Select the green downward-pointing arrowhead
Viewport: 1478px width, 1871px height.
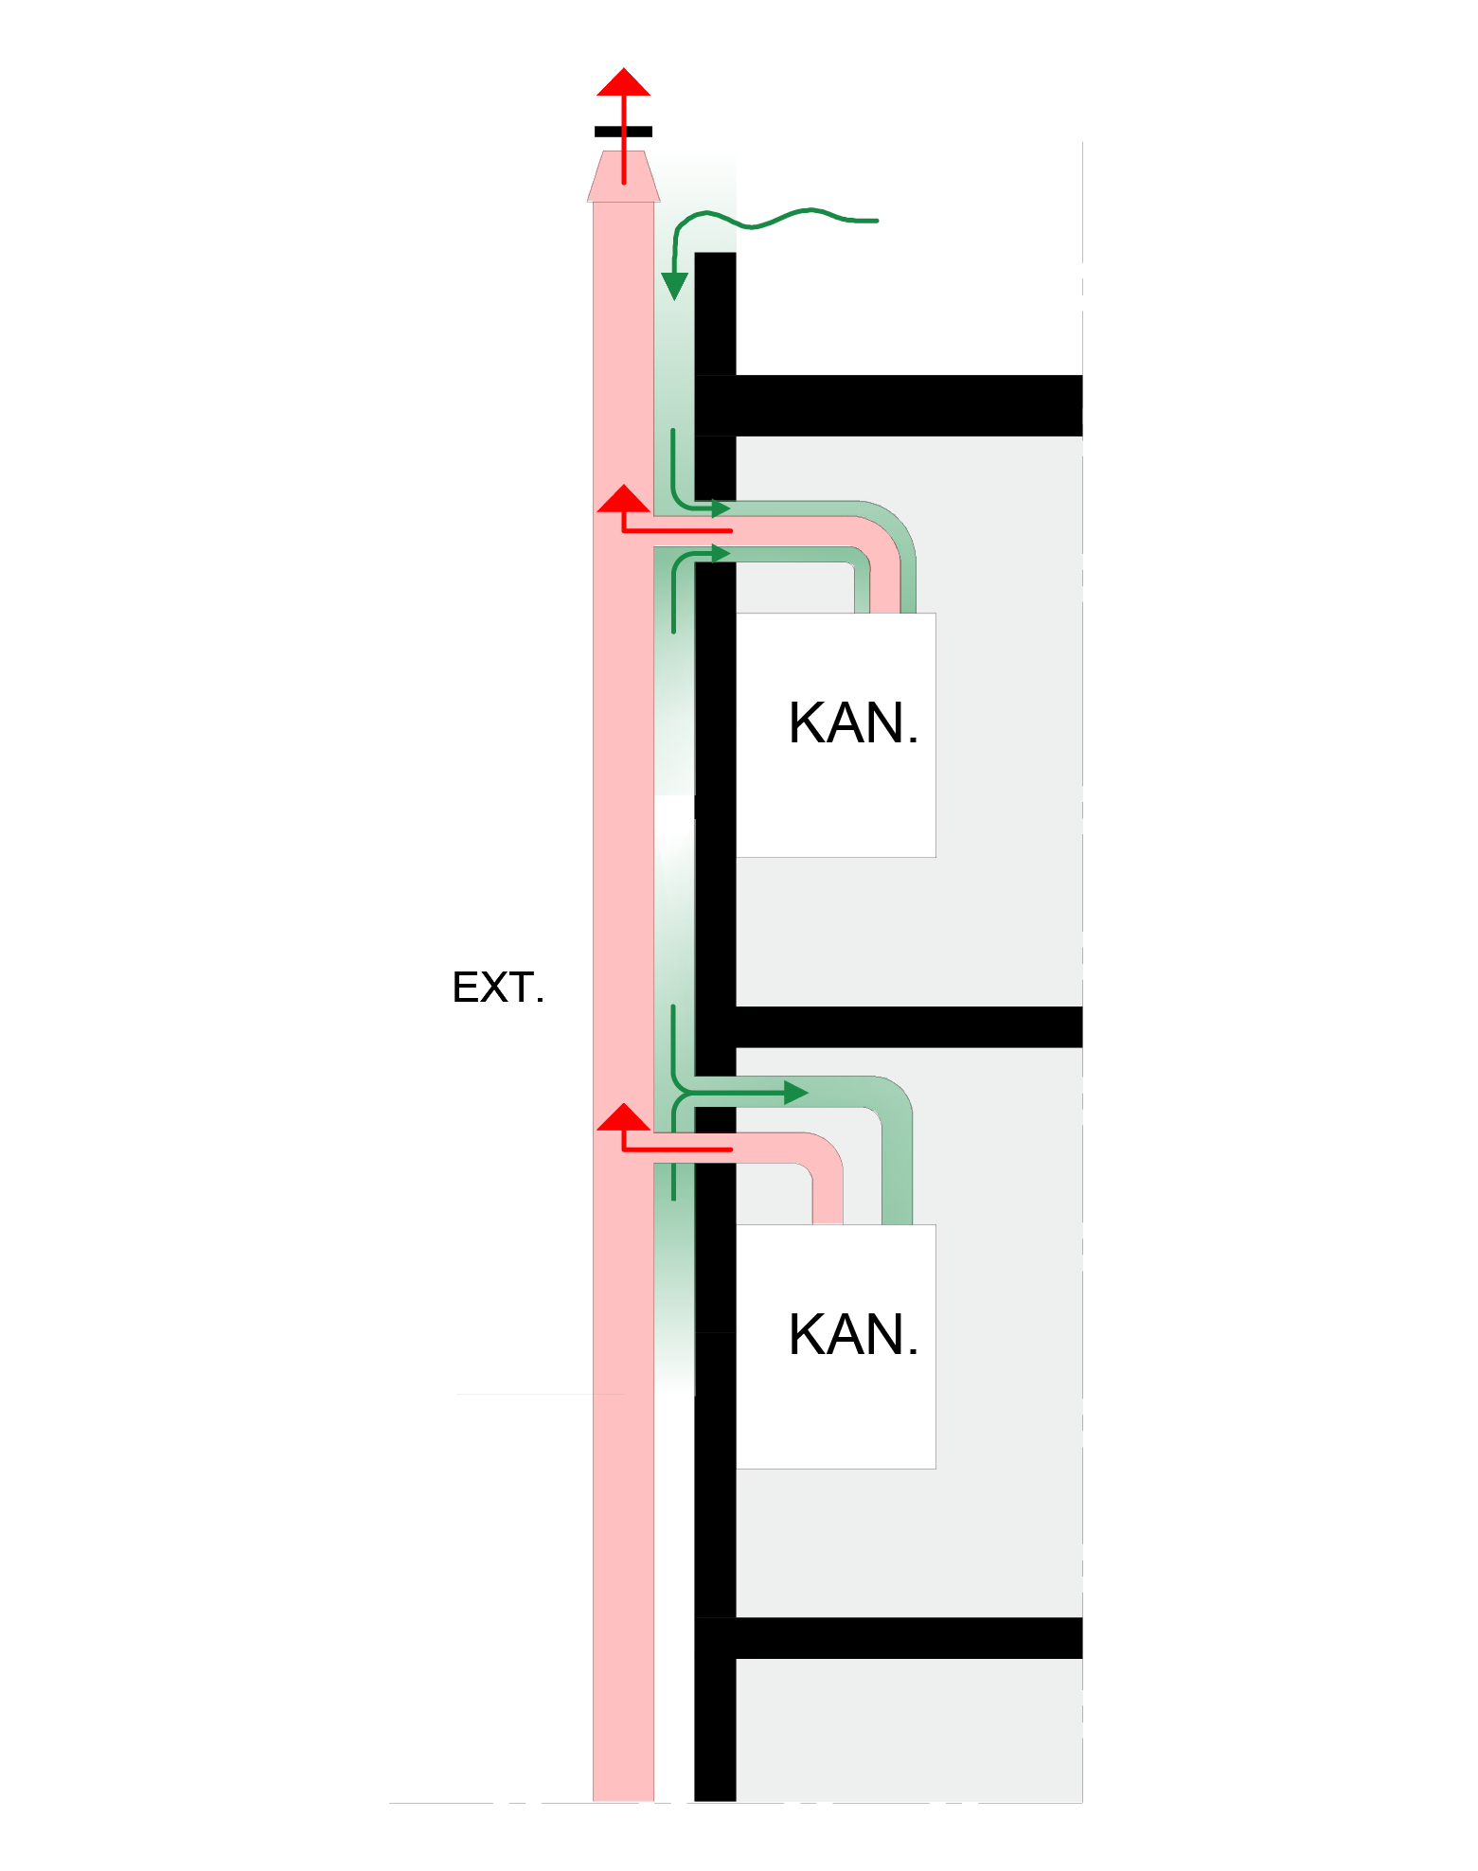click(674, 285)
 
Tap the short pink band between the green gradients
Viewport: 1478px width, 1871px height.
click(674, 807)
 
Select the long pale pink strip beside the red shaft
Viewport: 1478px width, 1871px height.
click(674, 1600)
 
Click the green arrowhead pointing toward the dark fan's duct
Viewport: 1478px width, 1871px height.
click(795, 1093)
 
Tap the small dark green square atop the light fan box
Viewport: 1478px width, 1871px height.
click(907, 624)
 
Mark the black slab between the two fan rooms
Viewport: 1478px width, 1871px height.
click(909, 1026)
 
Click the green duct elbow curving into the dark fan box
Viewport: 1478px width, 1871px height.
click(890, 1108)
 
